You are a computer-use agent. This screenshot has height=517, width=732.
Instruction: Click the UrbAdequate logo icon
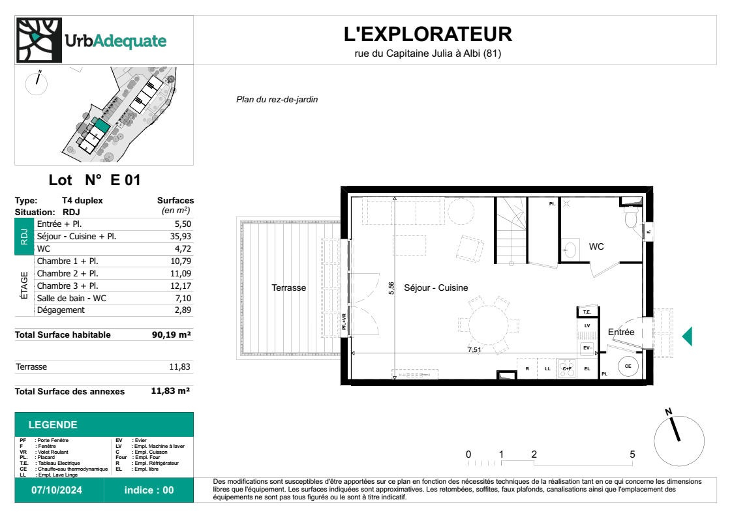coord(37,40)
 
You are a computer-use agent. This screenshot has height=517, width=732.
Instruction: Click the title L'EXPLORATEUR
coord(428,33)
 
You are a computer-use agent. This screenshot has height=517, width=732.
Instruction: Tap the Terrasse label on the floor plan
coord(288,288)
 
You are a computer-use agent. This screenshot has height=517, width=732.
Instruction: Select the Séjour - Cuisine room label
coord(436,288)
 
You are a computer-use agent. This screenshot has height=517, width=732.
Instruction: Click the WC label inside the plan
coord(596,247)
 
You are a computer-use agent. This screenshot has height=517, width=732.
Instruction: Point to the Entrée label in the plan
coord(620,332)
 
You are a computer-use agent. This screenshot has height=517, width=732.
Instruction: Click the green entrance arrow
coord(686,336)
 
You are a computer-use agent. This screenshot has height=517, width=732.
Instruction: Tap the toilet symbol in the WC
coord(630,219)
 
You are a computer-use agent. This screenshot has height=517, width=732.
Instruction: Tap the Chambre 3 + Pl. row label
coord(68,286)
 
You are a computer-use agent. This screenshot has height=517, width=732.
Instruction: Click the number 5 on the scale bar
coord(632,454)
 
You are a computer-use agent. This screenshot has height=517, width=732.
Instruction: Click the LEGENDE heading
coord(53,425)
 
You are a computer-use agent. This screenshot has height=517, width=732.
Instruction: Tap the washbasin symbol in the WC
coord(569,248)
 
